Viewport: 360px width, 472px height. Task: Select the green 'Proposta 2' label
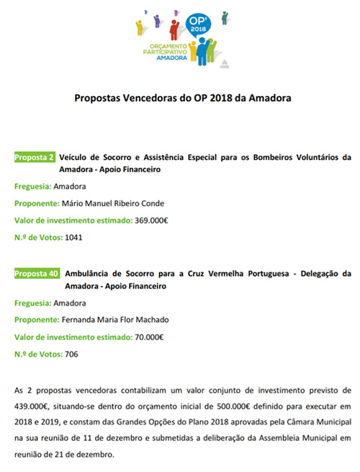(35, 156)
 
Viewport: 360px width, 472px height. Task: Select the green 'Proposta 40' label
(37, 274)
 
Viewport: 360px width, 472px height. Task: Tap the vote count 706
(71, 354)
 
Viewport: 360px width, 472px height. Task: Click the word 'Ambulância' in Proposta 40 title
(87, 274)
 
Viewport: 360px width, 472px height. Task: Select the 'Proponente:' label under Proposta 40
(37, 321)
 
